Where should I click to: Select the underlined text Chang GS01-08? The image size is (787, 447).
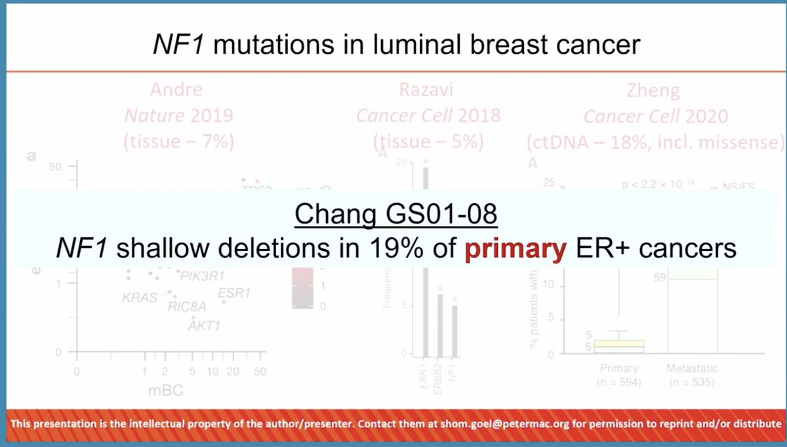392,214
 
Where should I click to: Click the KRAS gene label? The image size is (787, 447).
140,298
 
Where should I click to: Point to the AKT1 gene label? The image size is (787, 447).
204,324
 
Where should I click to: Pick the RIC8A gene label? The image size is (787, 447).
187,305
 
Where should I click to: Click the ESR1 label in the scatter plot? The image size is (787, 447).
234,294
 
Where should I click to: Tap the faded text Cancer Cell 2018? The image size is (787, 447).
428,116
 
